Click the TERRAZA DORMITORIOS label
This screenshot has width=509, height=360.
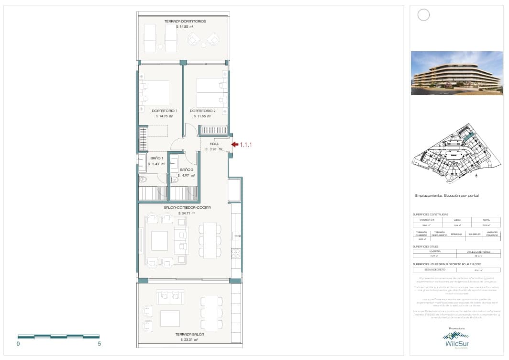pos(185,22)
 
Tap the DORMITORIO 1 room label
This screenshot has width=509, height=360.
pos(161,111)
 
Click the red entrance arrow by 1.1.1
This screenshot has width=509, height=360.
pos(234,144)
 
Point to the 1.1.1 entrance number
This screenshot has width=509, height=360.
pos(245,144)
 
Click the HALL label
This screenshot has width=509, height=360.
pos(214,144)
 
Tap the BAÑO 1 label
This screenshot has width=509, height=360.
pos(157,158)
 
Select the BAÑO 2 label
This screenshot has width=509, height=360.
pos(187,170)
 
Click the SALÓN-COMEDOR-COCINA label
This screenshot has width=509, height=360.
pos(187,207)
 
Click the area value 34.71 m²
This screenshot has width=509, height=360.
pos(187,214)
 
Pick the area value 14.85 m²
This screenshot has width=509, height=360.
pos(185,27)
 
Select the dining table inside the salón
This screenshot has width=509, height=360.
pos(210,241)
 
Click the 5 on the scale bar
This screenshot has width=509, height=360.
pos(99,343)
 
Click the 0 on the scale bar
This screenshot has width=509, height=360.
pos(18,343)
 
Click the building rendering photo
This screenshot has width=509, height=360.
pos(456,73)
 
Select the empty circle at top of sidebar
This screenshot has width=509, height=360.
pos(423,15)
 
